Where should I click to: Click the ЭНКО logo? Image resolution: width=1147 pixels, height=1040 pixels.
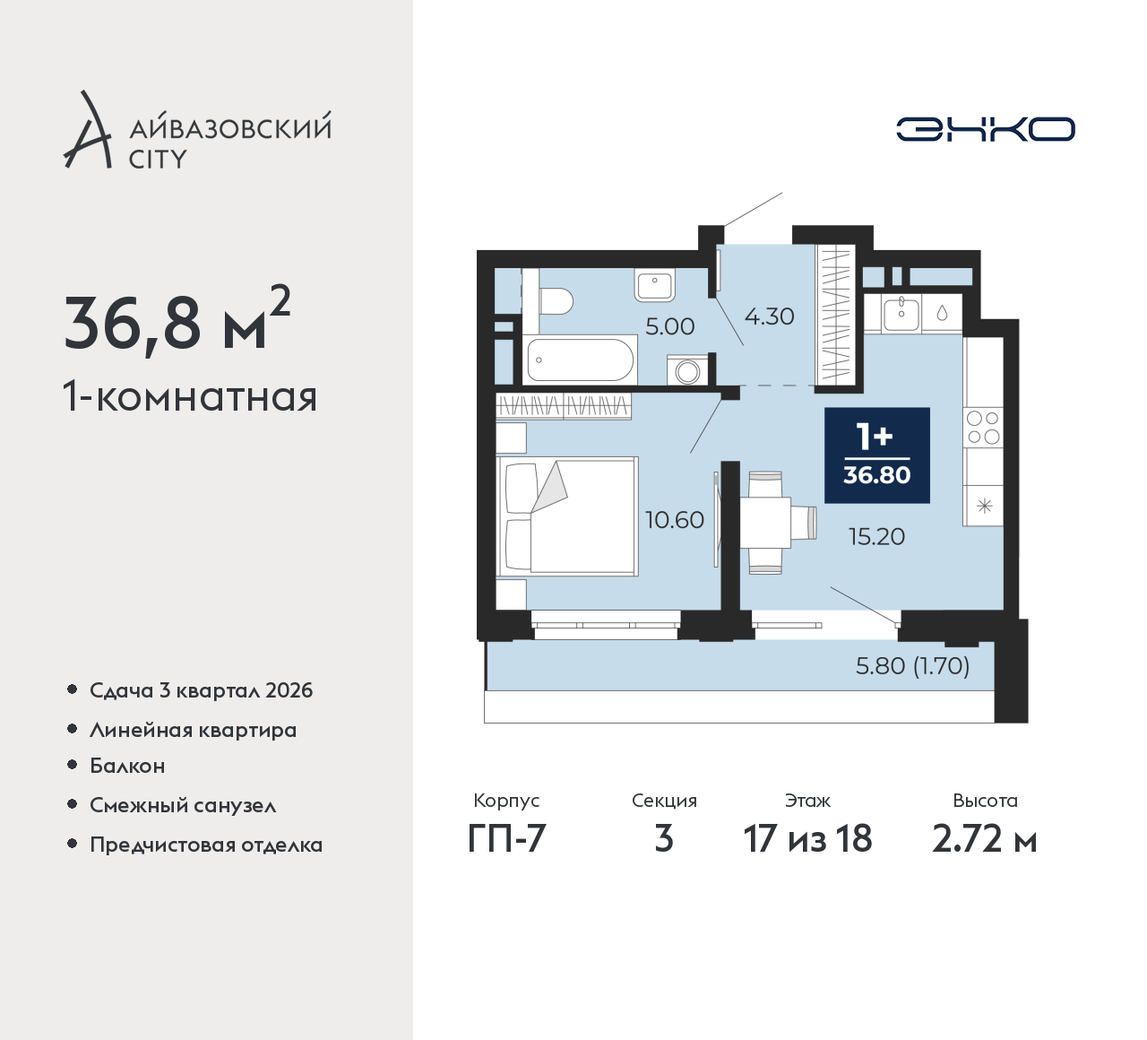pos(985,129)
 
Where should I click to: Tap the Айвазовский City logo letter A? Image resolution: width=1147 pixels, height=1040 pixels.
pos(87,129)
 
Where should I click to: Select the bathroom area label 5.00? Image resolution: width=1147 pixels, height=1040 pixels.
pos(669,326)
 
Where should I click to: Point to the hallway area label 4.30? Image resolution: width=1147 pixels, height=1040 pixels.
pos(769,316)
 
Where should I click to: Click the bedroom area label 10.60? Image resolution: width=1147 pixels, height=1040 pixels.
pos(675,520)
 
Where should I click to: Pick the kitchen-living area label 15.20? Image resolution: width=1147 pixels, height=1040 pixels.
pos(876,537)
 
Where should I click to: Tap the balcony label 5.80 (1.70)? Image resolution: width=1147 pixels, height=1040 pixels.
pos(912,666)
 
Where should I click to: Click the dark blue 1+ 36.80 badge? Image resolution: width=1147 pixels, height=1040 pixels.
pos(877,455)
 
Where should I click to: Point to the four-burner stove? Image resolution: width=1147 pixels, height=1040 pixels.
pos(983,427)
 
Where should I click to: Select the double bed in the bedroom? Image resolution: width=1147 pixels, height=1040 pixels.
pos(567,516)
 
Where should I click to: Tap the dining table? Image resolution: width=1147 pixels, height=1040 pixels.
pos(766,523)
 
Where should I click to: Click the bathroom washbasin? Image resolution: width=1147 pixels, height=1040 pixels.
pos(654,285)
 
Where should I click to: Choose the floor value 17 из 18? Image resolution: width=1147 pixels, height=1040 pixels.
pos(807,839)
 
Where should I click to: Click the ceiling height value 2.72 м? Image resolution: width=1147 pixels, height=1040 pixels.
pos(985,839)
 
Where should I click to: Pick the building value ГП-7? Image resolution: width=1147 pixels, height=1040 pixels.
pos(506,839)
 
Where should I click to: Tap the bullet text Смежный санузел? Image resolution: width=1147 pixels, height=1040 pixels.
pos(183,805)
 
